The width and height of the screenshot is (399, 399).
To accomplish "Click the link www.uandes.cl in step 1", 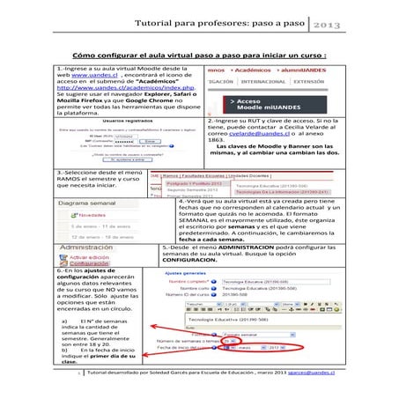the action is pyautogui.click(x=85, y=77).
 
